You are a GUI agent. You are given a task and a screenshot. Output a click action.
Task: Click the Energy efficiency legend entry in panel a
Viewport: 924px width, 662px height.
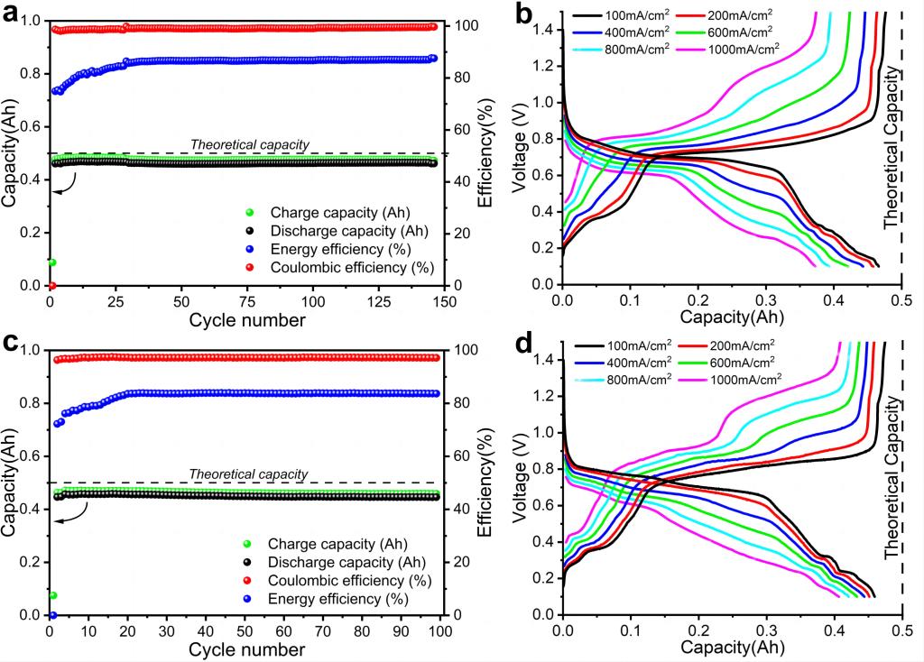tap(361, 250)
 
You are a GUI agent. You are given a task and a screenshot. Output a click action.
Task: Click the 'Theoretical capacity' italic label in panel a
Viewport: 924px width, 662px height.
tap(250, 144)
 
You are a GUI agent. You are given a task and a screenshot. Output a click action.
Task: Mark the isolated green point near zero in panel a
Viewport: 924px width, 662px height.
tap(52, 262)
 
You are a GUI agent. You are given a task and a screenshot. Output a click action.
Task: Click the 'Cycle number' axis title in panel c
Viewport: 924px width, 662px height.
tap(247, 648)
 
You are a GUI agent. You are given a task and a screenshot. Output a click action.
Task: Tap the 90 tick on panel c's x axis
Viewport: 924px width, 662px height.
tap(401, 630)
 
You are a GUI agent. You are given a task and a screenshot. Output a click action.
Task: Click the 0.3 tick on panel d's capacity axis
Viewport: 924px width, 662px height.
tap(766, 630)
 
